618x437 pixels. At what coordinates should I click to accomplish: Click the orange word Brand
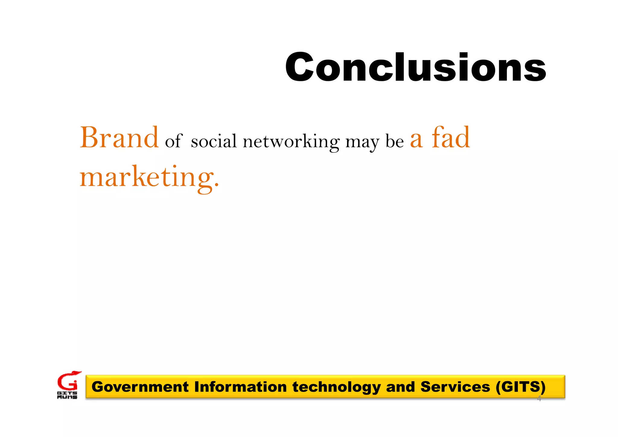pos(119,138)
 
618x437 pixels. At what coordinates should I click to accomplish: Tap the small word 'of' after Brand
pos(174,141)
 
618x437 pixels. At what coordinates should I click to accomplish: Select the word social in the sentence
pos(214,141)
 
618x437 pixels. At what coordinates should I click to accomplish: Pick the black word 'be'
pos(395,141)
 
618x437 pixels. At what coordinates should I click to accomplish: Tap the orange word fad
pos(451,138)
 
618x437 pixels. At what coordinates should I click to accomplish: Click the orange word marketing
pos(146,177)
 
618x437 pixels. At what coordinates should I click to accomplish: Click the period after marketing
pos(216,184)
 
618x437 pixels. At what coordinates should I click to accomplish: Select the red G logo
pos(68,381)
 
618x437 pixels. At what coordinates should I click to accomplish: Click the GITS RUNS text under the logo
pos(67,395)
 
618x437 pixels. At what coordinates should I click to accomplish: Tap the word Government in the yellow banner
pos(140,387)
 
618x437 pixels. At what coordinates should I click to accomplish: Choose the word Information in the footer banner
pos(240,387)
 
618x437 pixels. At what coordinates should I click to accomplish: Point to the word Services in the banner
pos(455,387)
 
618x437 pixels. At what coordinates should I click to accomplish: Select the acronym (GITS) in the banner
pos(521,387)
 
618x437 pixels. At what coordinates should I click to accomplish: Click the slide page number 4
pos(539,399)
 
